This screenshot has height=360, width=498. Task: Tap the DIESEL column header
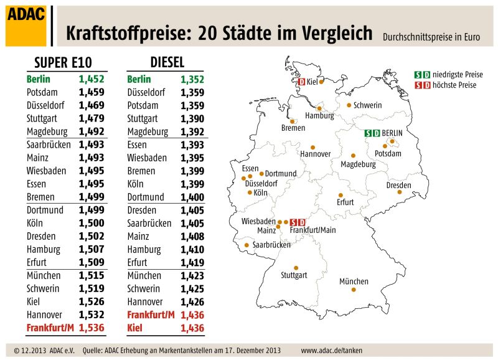tap(167, 62)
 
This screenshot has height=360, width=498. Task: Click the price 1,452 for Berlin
tap(92, 80)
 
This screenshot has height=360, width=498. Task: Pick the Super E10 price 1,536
tap(92, 328)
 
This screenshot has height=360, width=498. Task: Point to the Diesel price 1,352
tap(192, 80)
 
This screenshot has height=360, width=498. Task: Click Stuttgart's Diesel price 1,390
tap(192, 118)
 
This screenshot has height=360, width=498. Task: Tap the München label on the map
tap(354, 282)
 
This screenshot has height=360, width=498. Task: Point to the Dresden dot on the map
tap(400, 192)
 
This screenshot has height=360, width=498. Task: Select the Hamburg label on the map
tap(319, 116)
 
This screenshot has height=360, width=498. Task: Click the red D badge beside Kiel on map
tap(301, 82)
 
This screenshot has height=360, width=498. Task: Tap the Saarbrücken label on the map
tap(271, 245)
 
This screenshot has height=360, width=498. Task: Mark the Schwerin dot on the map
tap(349, 105)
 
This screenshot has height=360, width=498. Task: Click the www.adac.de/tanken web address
tap(331, 351)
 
